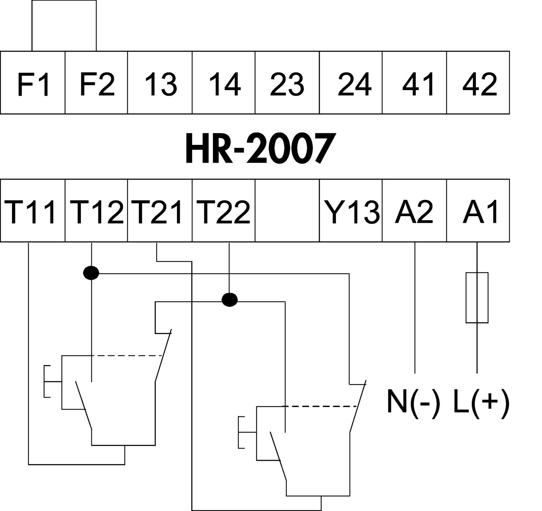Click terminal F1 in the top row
pyautogui.click(x=33, y=83)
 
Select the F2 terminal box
pyautogui.click(x=96, y=83)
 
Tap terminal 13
pyautogui.click(x=160, y=83)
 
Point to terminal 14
pyautogui.click(x=224, y=83)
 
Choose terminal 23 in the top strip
pyautogui.click(x=287, y=83)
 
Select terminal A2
pyautogui.click(x=414, y=211)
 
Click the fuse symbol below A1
pyautogui.click(x=477, y=297)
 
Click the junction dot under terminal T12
pyautogui.click(x=91, y=273)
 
